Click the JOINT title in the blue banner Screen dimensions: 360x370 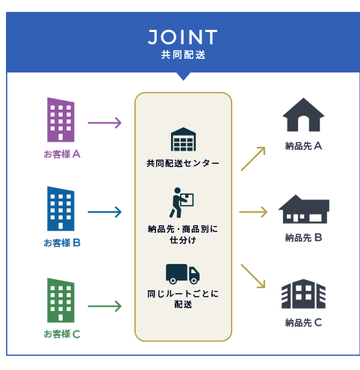(x=182, y=37)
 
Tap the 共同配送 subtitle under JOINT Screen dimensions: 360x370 (x=183, y=55)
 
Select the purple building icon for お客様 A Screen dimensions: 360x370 (x=60, y=119)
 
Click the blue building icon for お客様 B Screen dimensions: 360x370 (x=60, y=209)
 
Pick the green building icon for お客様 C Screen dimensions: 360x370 (x=60, y=300)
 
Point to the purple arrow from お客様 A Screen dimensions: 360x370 (x=105, y=123)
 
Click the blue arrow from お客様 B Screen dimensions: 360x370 (x=105, y=212)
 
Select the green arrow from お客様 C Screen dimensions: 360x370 (x=105, y=306)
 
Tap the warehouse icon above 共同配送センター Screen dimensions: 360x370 (x=183, y=139)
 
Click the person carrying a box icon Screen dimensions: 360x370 (x=181, y=203)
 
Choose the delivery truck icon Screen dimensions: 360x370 (x=182, y=274)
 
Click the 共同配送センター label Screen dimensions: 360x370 (x=183, y=163)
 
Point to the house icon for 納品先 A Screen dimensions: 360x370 (x=303, y=115)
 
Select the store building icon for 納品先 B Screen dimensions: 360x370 (x=304, y=209)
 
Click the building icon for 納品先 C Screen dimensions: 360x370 (x=303, y=294)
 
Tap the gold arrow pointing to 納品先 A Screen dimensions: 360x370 (x=253, y=159)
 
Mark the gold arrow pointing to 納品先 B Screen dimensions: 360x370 (x=253, y=212)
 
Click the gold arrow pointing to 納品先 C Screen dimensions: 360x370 (x=253, y=276)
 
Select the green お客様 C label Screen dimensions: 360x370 (x=62, y=334)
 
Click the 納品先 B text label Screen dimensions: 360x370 (x=303, y=238)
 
